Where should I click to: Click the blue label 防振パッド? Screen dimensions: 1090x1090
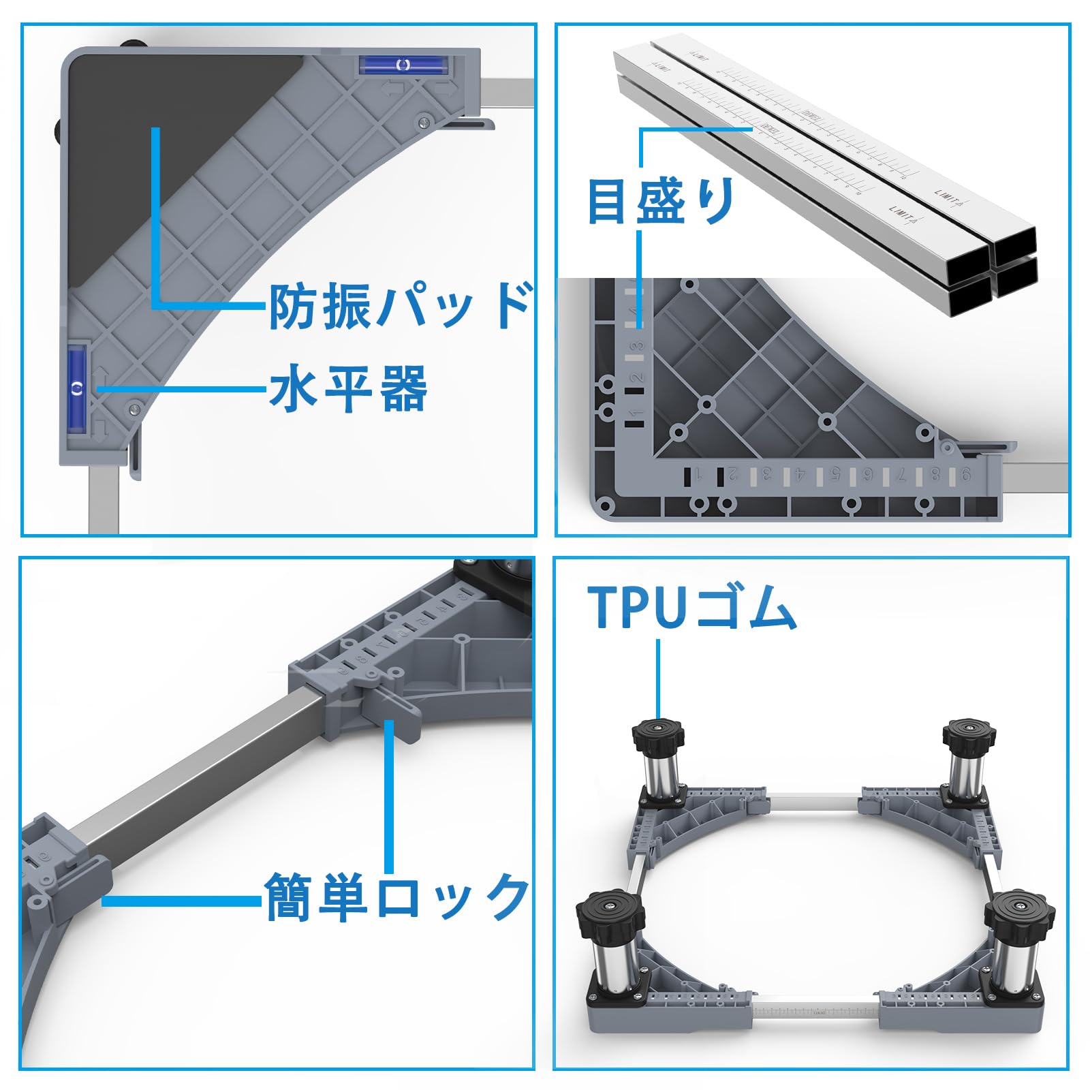pyautogui.click(x=400, y=307)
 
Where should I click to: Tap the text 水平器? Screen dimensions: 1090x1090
pyautogui.click(x=348, y=389)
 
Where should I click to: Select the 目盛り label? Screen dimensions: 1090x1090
pyautogui.click(x=661, y=201)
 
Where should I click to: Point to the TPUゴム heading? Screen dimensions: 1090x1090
pyautogui.click(x=691, y=607)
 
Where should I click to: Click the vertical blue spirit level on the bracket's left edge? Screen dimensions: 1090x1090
pyautogui.click(x=77, y=388)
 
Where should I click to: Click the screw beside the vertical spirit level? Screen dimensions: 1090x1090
pyautogui.click(x=133, y=409)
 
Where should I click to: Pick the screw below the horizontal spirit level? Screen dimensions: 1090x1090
pyautogui.click(x=424, y=122)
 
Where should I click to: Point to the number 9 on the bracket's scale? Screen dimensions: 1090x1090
pyautogui.click(x=966, y=476)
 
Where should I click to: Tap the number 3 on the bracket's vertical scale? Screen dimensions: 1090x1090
pyautogui.click(x=636, y=345)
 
